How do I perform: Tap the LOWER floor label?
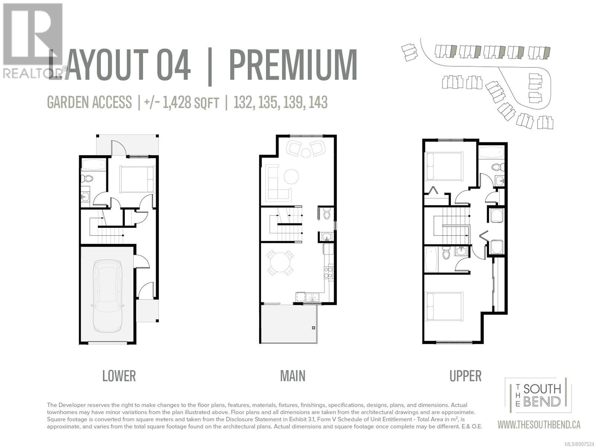(x=119, y=376)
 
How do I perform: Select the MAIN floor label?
(x=293, y=376)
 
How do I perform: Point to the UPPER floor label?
(x=465, y=376)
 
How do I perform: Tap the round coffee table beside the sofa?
(x=291, y=177)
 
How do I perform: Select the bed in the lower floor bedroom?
(x=137, y=179)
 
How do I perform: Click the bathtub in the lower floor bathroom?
(x=93, y=164)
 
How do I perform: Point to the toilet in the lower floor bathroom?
(x=87, y=179)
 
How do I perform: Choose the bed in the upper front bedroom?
(x=444, y=166)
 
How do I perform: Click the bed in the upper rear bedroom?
(x=444, y=307)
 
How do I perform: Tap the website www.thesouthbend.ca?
(x=539, y=425)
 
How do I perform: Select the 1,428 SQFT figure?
(x=191, y=103)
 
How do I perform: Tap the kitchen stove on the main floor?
(x=328, y=272)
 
